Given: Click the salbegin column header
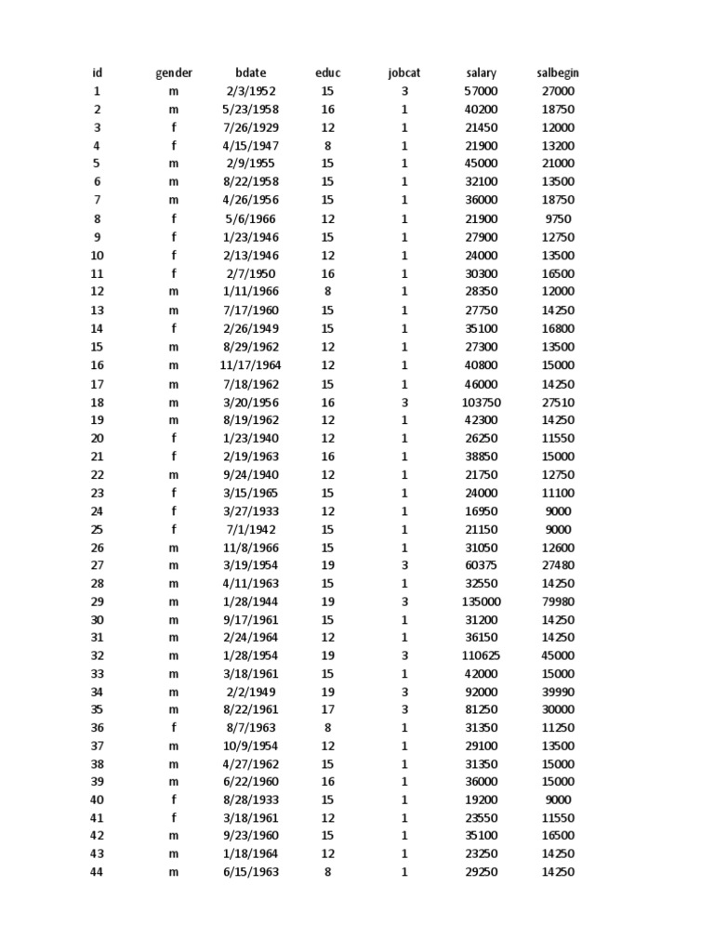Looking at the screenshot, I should [x=558, y=73].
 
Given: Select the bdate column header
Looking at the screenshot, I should [x=250, y=73].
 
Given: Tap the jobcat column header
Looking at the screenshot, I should [x=404, y=73].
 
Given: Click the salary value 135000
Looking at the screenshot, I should [x=481, y=602].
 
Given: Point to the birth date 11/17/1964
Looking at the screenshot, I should [x=250, y=365].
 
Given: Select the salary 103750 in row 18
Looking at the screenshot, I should [x=481, y=403].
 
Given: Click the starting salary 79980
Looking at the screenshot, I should [x=558, y=602].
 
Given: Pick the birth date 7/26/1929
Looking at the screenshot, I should [x=250, y=127].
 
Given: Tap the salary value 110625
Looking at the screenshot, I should [x=481, y=655].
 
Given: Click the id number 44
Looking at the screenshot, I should [x=97, y=872].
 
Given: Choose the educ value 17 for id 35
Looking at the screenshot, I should [x=327, y=709].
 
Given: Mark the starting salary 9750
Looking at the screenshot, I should [x=558, y=218].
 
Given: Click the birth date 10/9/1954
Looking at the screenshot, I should [x=250, y=746].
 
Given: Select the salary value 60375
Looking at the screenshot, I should [x=481, y=565].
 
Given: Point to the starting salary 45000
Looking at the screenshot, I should [x=558, y=655].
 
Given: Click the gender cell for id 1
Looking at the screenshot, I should [x=174, y=91].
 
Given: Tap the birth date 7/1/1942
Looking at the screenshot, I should [x=250, y=529].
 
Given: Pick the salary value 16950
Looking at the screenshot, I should [x=481, y=511].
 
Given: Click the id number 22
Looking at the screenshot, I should [x=97, y=475].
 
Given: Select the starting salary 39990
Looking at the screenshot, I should [x=558, y=692].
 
